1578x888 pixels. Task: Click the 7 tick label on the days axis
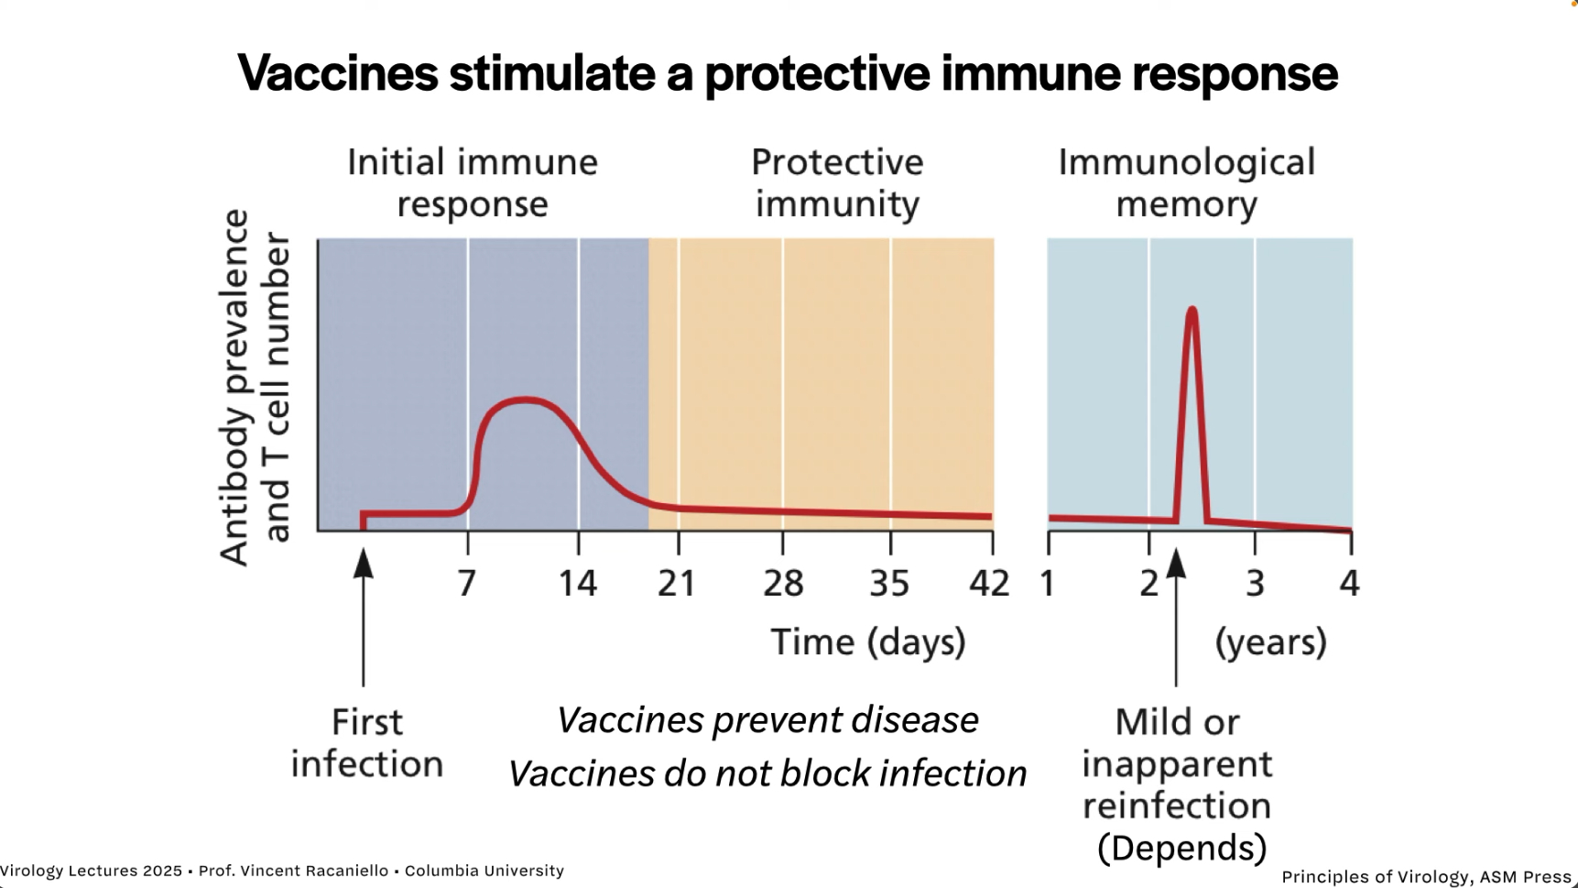(x=467, y=583)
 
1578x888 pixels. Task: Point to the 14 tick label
(x=578, y=583)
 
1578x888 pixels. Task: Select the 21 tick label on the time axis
(x=677, y=583)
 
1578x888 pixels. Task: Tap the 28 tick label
(x=783, y=583)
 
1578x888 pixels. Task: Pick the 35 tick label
(x=889, y=583)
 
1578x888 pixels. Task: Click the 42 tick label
(x=989, y=583)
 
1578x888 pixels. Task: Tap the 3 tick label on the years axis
(x=1255, y=583)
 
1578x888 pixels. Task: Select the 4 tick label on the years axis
(x=1349, y=583)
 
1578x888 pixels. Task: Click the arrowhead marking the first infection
(x=364, y=563)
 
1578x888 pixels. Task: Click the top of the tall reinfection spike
(x=1192, y=310)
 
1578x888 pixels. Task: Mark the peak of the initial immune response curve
(x=524, y=400)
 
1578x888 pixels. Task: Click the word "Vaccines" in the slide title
(x=337, y=73)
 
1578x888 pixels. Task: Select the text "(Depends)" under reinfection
(x=1181, y=848)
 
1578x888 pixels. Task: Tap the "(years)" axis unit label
(x=1270, y=641)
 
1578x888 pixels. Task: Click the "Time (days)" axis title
(x=868, y=641)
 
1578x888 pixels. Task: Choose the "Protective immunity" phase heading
(x=837, y=182)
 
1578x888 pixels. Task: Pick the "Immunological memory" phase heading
(x=1186, y=182)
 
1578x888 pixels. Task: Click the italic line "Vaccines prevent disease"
(x=767, y=720)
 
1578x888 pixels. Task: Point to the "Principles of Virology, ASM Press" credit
(x=1426, y=877)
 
